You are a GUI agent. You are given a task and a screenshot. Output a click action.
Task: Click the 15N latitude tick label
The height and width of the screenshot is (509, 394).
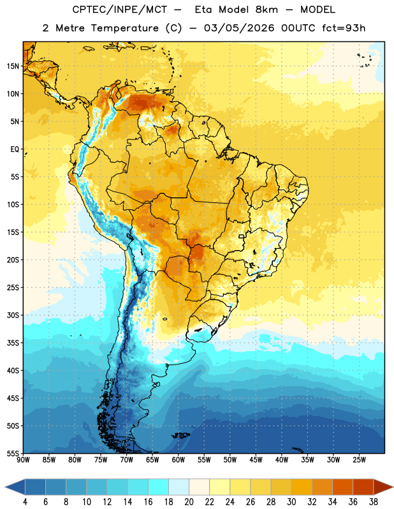[13, 66]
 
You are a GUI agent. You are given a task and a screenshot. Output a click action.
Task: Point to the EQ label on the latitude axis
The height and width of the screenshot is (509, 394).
[15, 150]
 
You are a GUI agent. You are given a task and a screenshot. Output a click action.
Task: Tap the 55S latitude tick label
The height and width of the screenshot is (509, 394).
[13, 453]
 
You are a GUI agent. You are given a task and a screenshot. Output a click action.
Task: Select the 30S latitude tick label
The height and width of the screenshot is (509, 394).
[13, 315]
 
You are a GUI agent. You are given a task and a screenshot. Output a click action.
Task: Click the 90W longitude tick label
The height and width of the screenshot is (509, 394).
[23, 460]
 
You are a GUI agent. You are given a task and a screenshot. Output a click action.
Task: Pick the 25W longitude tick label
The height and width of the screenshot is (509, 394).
[359, 460]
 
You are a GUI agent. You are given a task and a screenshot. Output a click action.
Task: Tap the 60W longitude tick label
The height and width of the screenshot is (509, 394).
[179, 460]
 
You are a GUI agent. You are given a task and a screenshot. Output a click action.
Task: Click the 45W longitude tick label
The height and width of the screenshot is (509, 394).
[256, 460]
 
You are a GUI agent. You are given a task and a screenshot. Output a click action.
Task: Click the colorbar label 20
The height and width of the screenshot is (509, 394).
[189, 502]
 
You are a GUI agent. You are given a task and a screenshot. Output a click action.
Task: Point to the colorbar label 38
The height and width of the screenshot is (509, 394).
[373, 502]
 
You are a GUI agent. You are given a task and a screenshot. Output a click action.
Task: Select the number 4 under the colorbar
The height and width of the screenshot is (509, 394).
[25, 502]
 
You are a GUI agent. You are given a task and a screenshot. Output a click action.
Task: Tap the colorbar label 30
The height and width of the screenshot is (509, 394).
[291, 502]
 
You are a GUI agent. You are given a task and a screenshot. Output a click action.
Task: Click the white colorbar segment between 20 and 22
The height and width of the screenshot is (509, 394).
[199, 487]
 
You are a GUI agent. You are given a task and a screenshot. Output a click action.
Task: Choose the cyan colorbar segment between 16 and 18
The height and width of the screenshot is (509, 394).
[159, 487]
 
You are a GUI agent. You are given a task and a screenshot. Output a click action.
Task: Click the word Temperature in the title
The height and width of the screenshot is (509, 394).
[124, 28]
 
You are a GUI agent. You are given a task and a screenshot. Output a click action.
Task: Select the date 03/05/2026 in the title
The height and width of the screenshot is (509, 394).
[239, 28]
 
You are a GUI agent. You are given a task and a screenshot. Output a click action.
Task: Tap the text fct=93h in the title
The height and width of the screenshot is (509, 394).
[344, 28]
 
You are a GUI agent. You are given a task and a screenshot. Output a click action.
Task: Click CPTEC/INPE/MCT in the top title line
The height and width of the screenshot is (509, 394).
[120, 10]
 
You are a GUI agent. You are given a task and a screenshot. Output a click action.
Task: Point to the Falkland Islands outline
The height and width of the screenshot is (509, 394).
[180, 435]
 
